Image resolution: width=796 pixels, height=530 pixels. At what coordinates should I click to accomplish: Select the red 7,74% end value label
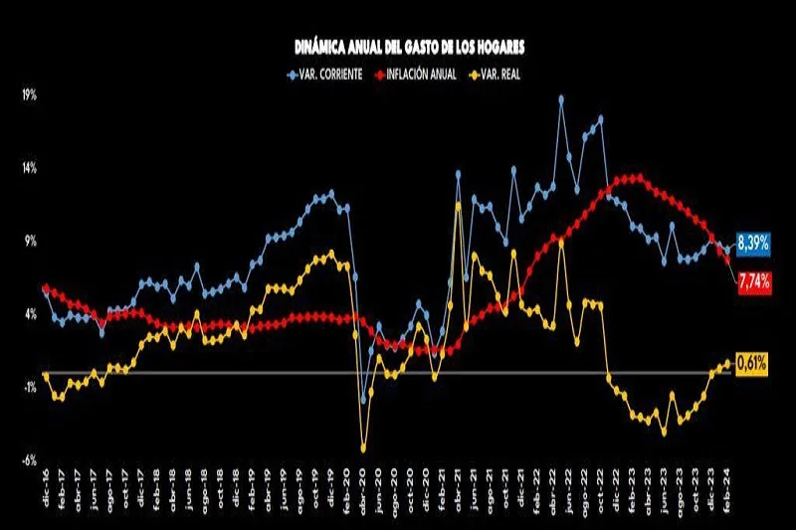pyautogui.click(x=752, y=283)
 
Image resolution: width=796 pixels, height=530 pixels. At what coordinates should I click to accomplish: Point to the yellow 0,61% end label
pyautogui.click(x=751, y=364)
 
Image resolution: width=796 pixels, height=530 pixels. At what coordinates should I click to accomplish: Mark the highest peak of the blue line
pyautogui.click(x=561, y=98)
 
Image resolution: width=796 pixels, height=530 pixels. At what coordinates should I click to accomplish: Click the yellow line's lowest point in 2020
pyautogui.click(x=363, y=448)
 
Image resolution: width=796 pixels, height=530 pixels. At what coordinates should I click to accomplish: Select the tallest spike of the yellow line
pyautogui.click(x=458, y=205)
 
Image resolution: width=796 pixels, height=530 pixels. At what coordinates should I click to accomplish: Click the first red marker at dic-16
pyautogui.click(x=46, y=288)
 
